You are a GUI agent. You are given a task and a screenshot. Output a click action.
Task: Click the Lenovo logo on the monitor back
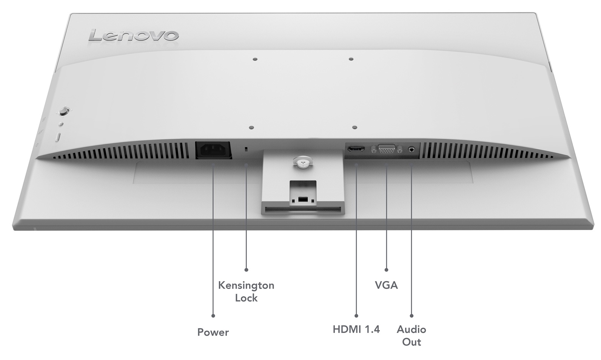tap(133, 36)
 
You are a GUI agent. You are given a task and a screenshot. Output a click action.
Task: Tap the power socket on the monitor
tap(213, 150)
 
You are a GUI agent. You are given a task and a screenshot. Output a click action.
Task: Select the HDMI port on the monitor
tap(356, 149)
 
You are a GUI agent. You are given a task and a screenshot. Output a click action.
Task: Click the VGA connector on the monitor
tap(386, 149)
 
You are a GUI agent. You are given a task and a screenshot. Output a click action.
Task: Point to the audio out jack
tap(411, 149)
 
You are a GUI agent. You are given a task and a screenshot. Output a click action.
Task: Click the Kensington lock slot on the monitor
tap(247, 150)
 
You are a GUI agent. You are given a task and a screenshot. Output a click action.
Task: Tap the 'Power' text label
tap(213, 332)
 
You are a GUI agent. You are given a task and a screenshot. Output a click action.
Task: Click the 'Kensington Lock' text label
tap(246, 291)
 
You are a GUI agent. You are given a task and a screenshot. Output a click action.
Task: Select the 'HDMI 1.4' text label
tap(356, 329)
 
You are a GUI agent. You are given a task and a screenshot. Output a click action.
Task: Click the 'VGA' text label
tap(386, 285)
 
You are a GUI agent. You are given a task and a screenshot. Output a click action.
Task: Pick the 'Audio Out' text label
tap(411, 335)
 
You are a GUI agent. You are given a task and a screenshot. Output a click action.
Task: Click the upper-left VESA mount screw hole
tap(255, 59)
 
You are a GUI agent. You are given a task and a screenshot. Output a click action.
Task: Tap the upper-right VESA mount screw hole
tap(351, 59)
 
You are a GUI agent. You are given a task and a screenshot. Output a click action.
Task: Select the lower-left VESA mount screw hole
tap(252, 128)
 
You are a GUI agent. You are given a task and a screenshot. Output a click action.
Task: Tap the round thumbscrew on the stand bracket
tap(302, 161)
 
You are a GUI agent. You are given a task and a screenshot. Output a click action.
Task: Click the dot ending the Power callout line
tap(213, 315)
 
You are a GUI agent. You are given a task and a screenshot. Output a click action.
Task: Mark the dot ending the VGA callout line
tap(386, 270)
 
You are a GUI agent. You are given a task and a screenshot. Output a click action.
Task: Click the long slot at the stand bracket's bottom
tap(302, 209)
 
